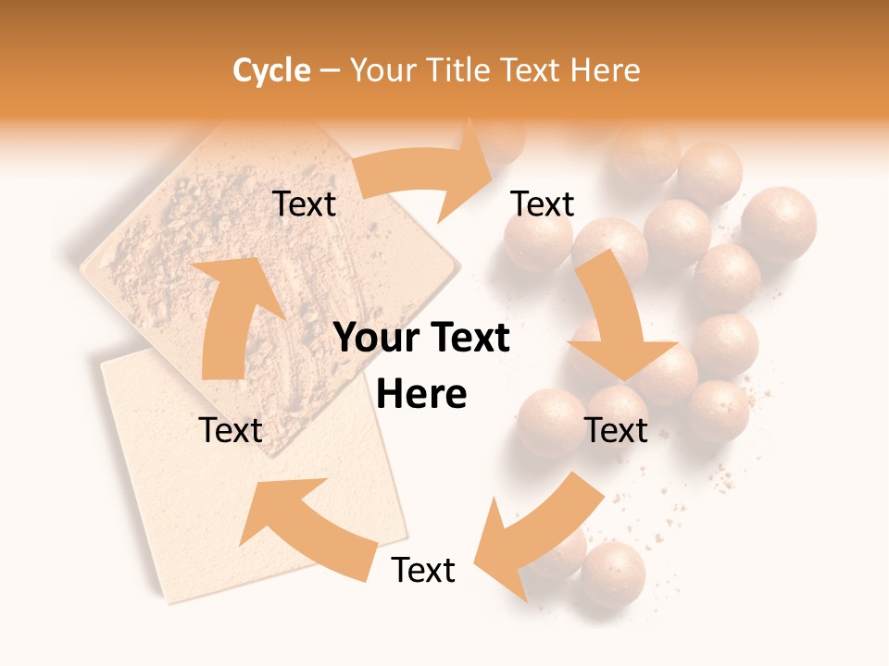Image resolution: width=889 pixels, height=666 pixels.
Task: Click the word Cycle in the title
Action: (271, 70)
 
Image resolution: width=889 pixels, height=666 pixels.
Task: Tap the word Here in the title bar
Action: (606, 70)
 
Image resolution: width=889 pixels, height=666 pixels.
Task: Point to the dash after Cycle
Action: (330, 71)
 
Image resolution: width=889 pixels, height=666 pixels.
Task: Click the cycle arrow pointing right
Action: (426, 176)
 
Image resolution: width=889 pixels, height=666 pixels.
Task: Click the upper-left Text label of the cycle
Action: (305, 204)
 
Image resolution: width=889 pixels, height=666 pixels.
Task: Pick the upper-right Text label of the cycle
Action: (543, 204)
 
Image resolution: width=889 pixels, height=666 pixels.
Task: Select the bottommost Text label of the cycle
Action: (423, 570)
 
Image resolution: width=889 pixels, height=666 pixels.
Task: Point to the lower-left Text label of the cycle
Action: (231, 430)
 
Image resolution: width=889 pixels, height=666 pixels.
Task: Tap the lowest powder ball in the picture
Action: (613, 573)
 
